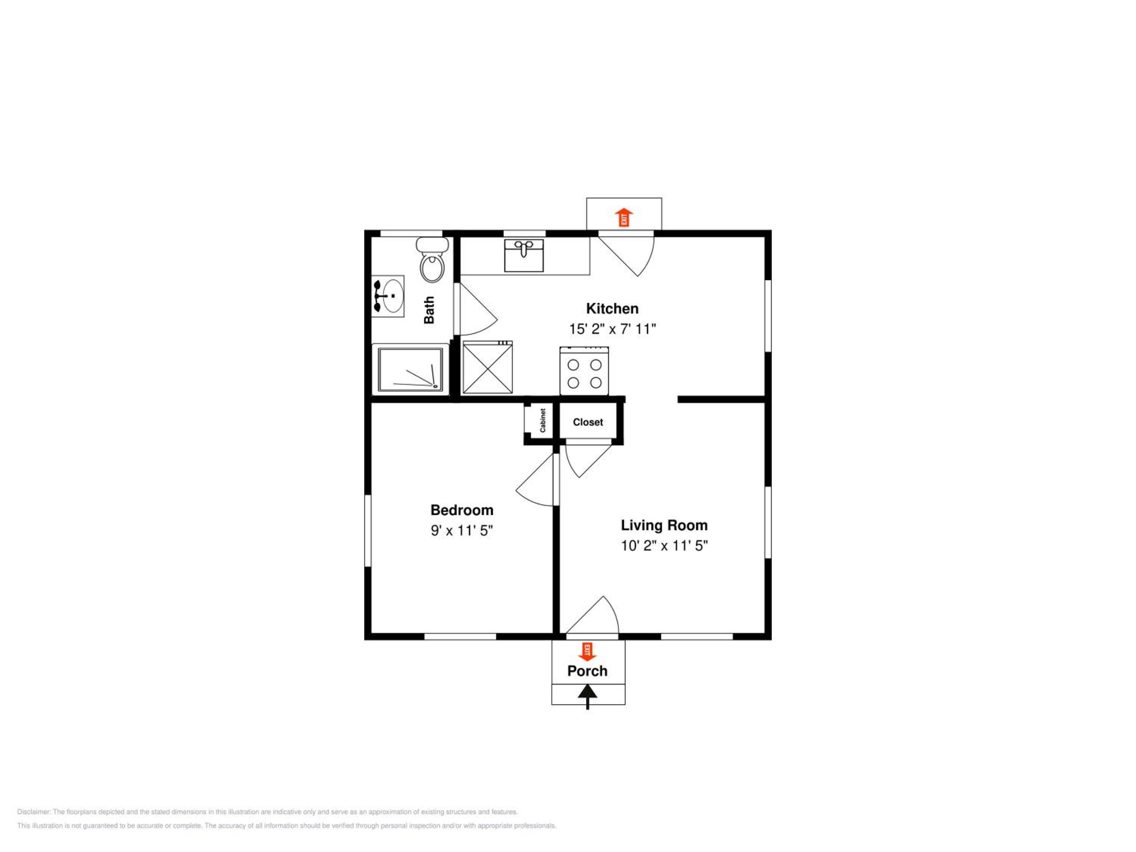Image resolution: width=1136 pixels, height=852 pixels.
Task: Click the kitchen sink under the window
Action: [524, 255]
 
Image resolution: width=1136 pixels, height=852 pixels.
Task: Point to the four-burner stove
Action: [584, 371]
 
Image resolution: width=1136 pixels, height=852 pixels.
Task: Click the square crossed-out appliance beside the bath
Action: [487, 367]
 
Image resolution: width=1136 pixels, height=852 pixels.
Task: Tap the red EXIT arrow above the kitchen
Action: [624, 217]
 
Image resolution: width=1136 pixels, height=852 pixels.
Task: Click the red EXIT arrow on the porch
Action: [587, 651]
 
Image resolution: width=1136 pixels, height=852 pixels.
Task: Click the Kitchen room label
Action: [612, 309]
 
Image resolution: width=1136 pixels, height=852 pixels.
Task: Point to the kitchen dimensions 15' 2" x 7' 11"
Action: [612, 329]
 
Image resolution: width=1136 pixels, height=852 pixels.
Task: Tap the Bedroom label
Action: [462, 510]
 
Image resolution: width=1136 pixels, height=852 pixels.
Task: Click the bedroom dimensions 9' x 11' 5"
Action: [462, 530]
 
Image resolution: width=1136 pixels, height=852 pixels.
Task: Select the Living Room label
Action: [664, 525]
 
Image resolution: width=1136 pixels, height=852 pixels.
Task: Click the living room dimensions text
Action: [664, 545]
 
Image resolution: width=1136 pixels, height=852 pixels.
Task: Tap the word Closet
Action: [588, 422]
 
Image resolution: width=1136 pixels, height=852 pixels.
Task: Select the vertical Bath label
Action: [429, 310]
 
